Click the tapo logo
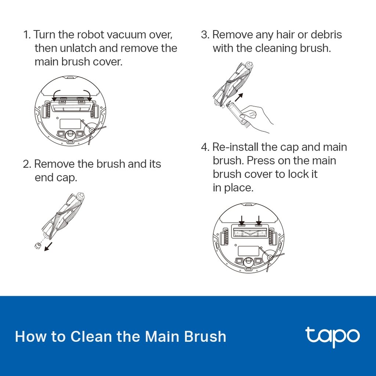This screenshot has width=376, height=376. tap(332, 336)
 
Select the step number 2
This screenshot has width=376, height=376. tap(26, 164)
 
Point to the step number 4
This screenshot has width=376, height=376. tap(205, 147)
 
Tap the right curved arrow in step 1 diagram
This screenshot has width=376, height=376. tap(86, 94)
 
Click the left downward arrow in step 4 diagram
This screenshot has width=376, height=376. tap(242, 220)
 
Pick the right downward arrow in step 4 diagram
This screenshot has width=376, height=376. tap(259, 220)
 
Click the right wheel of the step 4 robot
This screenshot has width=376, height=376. tap(272, 236)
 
